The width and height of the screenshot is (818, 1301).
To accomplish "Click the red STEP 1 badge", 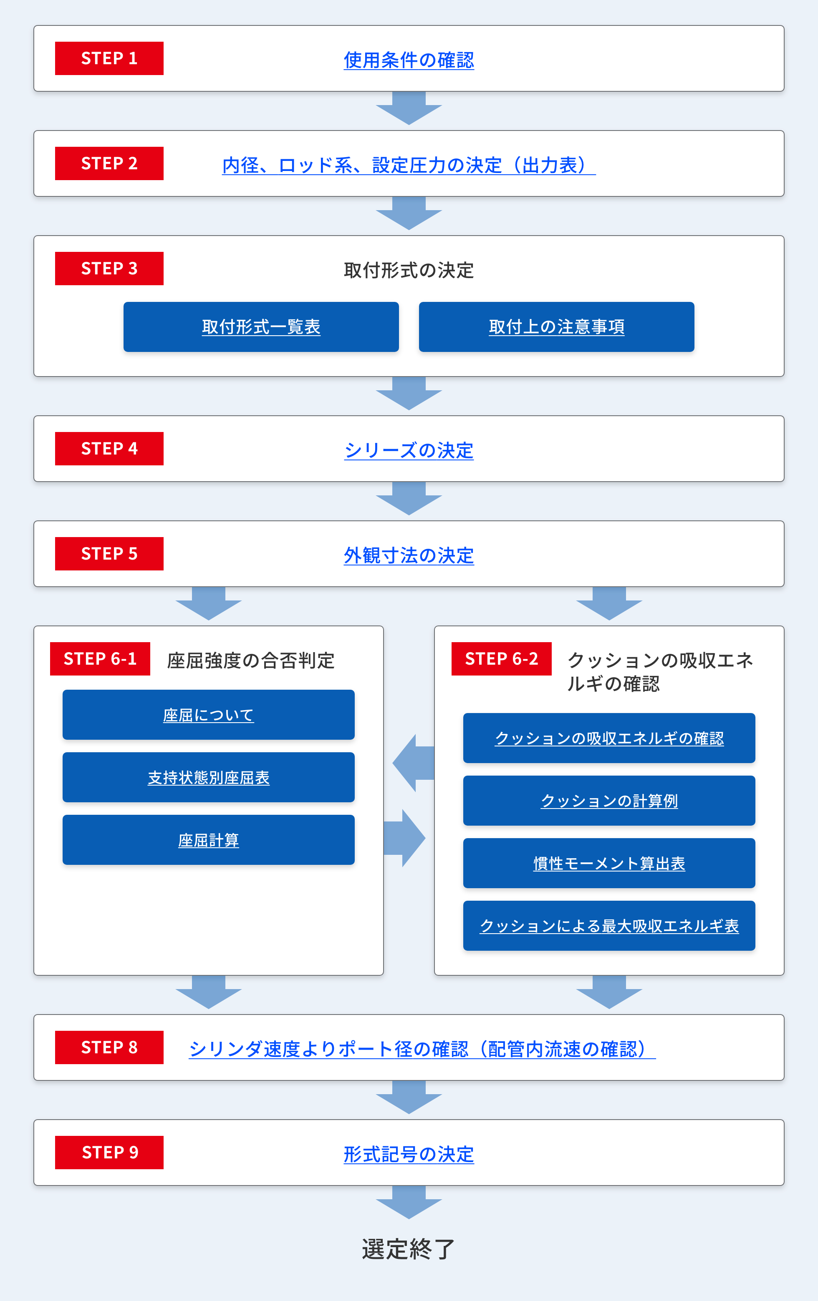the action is [x=109, y=58].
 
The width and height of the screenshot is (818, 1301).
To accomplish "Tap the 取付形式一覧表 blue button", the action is [x=261, y=327].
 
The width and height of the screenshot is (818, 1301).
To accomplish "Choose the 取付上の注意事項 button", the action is [x=556, y=327].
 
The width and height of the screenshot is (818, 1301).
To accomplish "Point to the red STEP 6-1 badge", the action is [x=100, y=658].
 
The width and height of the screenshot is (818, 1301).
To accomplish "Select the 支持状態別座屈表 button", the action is [x=209, y=777].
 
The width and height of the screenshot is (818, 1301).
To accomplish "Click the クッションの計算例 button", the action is [x=609, y=801].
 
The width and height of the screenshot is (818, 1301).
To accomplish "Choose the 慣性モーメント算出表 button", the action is [x=609, y=863].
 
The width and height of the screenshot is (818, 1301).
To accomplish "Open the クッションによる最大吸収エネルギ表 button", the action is [x=609, y=926].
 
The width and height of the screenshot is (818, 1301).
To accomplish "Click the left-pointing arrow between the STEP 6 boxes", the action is [x=413, y=763].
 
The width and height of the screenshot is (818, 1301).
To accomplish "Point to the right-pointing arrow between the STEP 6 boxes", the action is [x=404, y=839].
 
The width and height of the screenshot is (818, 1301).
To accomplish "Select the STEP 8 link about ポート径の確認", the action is [x=422, y=1049].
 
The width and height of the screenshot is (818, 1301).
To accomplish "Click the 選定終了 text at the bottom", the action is [x=409, y=1248].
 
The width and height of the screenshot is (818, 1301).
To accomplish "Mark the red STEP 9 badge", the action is [x=109, y=1153].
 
